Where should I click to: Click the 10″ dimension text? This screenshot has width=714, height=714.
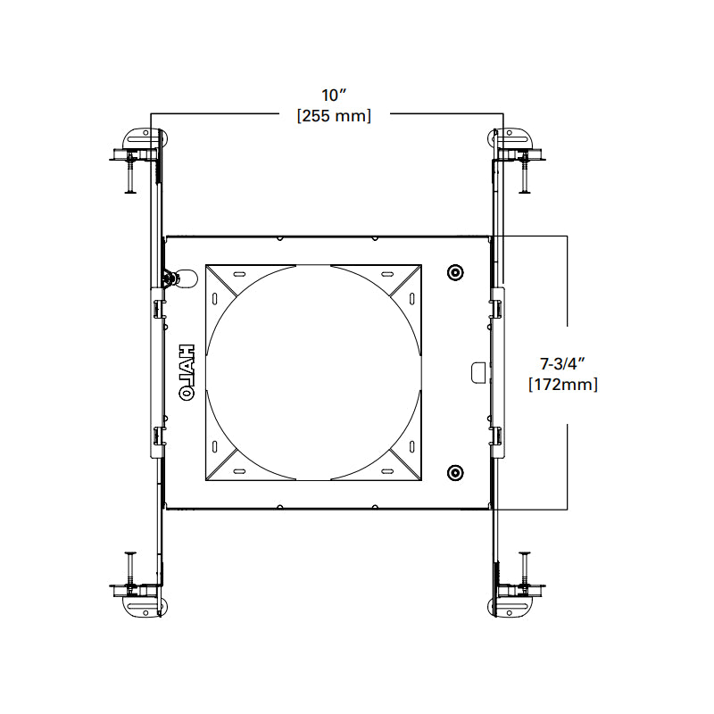pos(334,95)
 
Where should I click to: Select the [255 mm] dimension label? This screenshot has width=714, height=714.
pos(334,116)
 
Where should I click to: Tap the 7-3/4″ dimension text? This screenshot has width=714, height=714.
pos(562,364)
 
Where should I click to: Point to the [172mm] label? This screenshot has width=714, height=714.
pos(563,385)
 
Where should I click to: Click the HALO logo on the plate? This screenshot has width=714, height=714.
pos(187,372)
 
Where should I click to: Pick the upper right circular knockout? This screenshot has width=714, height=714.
pos(455,273)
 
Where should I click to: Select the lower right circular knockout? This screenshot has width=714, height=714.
pos(455,473)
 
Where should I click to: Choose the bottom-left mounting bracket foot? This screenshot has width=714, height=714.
pos(142,607)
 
